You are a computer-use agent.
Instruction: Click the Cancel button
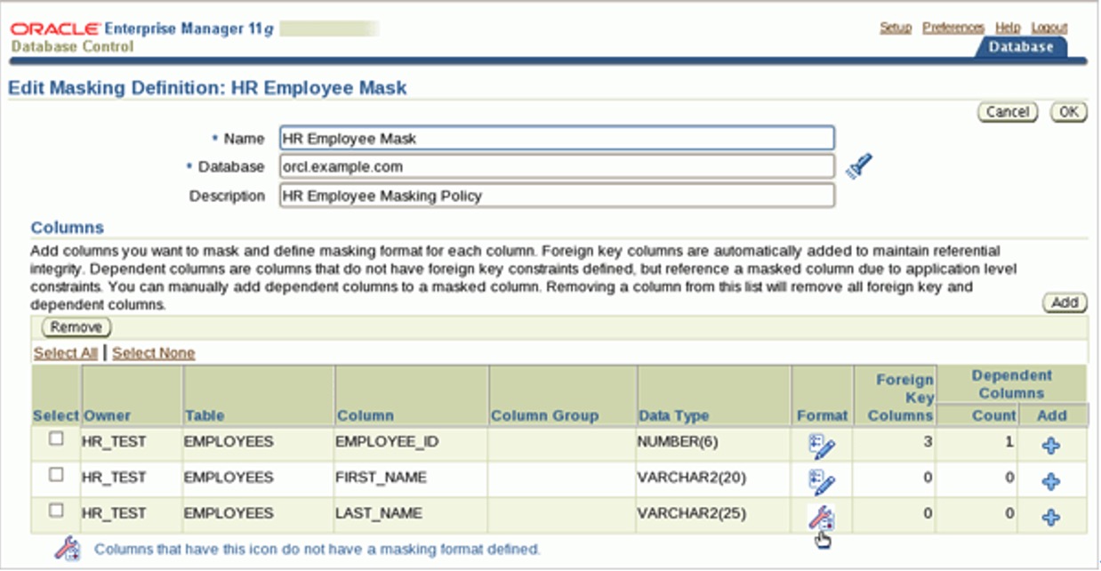[x=1008, y=112]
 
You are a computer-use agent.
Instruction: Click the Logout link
[x=1049, y=28]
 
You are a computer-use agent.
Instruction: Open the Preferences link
[x=953, y=28]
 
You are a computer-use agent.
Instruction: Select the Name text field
[x=557, y=138]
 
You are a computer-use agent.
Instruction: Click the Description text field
[x=557, y=196]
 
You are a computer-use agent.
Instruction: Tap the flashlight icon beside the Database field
[x=858, y=166]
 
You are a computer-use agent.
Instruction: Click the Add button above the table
[x=1065, y=302]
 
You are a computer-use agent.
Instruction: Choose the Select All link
[x=65, y=353]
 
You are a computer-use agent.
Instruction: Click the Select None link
[x=153, y=353]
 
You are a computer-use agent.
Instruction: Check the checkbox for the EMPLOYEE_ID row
[x=56, y=438]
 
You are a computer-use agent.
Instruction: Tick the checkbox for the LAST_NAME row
[x=56, y=511]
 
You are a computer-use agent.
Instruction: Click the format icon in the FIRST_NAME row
[x=822, y=480]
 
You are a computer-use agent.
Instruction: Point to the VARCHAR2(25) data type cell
[x=691, y=513]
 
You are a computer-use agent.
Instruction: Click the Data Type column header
[x=673, y=415]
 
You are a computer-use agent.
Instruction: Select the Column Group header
[x=544, y=415]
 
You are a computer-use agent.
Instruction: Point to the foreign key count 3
[x=928, y=441]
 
